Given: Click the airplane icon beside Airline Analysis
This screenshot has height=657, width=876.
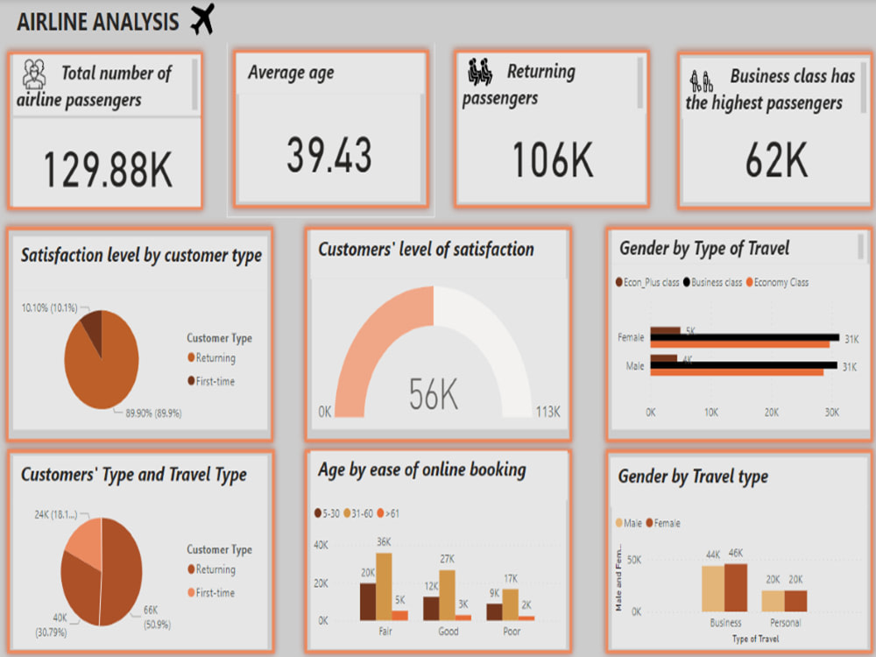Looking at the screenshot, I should (x=202, y=19).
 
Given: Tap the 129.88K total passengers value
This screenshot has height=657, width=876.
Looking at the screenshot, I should (x=108, y=169).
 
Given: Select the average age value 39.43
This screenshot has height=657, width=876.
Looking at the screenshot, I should (x=329, y=155).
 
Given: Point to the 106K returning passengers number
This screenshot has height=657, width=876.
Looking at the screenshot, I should (x=552, y=160).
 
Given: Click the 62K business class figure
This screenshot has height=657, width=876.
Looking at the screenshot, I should (x=775, y=160).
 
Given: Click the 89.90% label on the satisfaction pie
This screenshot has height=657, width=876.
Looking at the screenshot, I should (x=148, y=413).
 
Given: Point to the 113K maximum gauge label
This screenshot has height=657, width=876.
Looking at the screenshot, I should (x=548, y=413).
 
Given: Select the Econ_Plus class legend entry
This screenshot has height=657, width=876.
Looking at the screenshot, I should (x=650, y=282).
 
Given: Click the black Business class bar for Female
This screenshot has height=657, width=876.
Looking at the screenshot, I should (x=745, y=337).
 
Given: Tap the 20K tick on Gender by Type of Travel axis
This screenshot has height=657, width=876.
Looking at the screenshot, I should (x=771, y=413).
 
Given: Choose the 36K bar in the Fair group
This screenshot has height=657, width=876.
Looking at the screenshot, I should (x=384, y=586).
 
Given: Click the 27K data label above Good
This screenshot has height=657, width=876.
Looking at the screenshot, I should (x=447, y=559).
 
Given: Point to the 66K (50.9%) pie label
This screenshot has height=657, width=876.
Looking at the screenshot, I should (x=154, y=617).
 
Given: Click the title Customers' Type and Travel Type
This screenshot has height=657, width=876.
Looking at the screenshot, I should (x=134, y=475).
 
